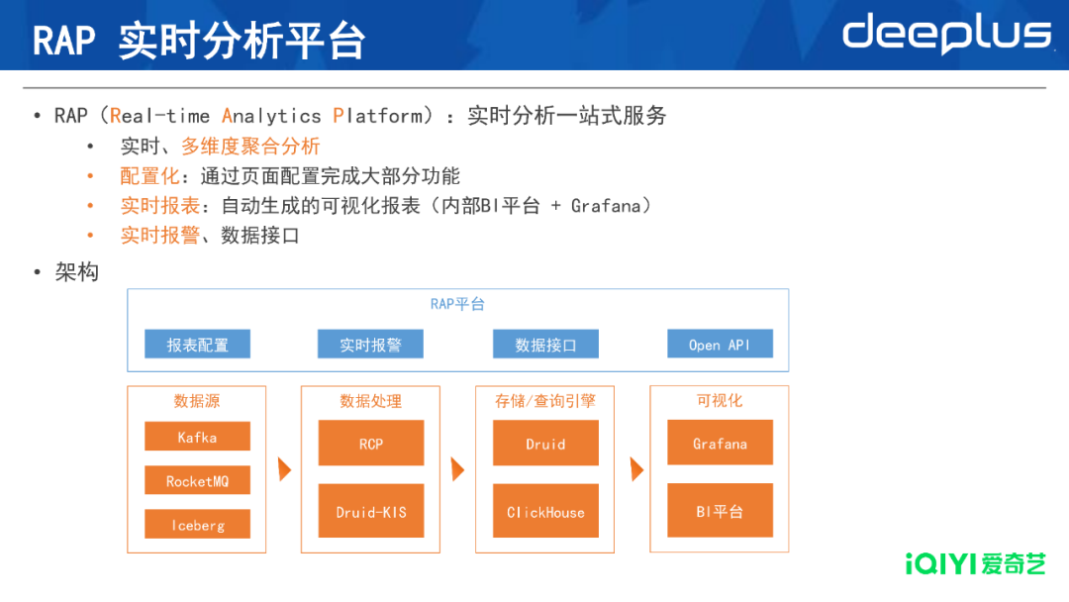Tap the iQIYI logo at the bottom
(x=975, y=564)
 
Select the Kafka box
(x=197, y=437)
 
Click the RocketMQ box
(x=197, y=481)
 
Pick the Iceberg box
(x=197, y=525)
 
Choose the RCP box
(x=371, y=444)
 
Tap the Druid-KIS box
(x=371, y=512)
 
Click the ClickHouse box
(x=545, y=512)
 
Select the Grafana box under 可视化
(x=720, y=444)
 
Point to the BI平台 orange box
(x=720, y=512)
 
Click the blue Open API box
(x=720, y=345)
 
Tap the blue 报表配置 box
(x=197, y=345)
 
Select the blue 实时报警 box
(x=370, y=345)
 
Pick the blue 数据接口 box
(x=545, y=345)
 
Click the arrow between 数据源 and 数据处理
(x=285, y=469)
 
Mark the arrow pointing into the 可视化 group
(x=636, y=469)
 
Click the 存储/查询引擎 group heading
(x=545, y=401)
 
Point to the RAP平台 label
(x=457, y=304)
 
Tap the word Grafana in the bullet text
(x=605, y=206)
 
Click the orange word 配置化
(x=150, y=176)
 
